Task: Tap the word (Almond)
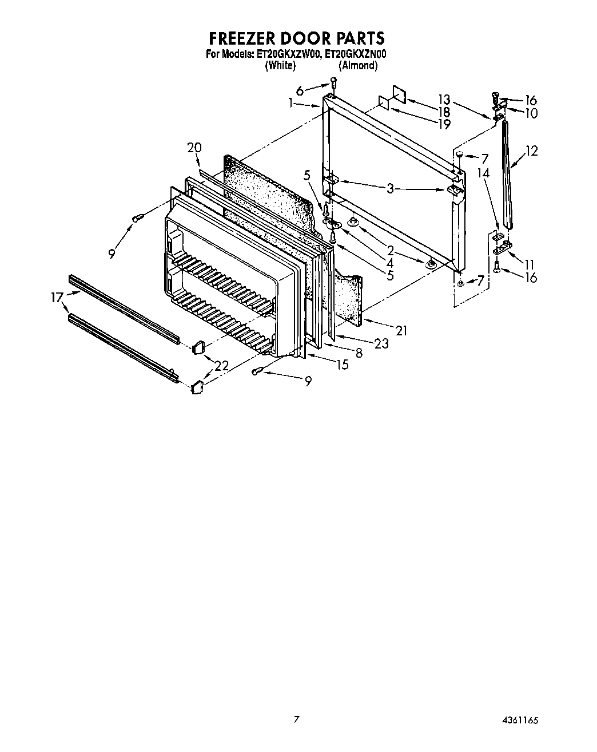pos(358,66)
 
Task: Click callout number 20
pos(194,148)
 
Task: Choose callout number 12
pos(531,151)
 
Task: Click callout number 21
pos(401,330)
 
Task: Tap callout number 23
pos(381,343)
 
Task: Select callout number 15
pos(342,365)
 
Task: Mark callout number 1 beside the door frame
pos(291,103)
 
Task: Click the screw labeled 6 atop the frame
pos(333,85)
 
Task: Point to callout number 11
pos(530,264)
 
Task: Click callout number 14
pos(484,172)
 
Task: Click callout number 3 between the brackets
pos(389,188)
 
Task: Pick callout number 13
pos(444,98)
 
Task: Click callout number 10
pos(530,113)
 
